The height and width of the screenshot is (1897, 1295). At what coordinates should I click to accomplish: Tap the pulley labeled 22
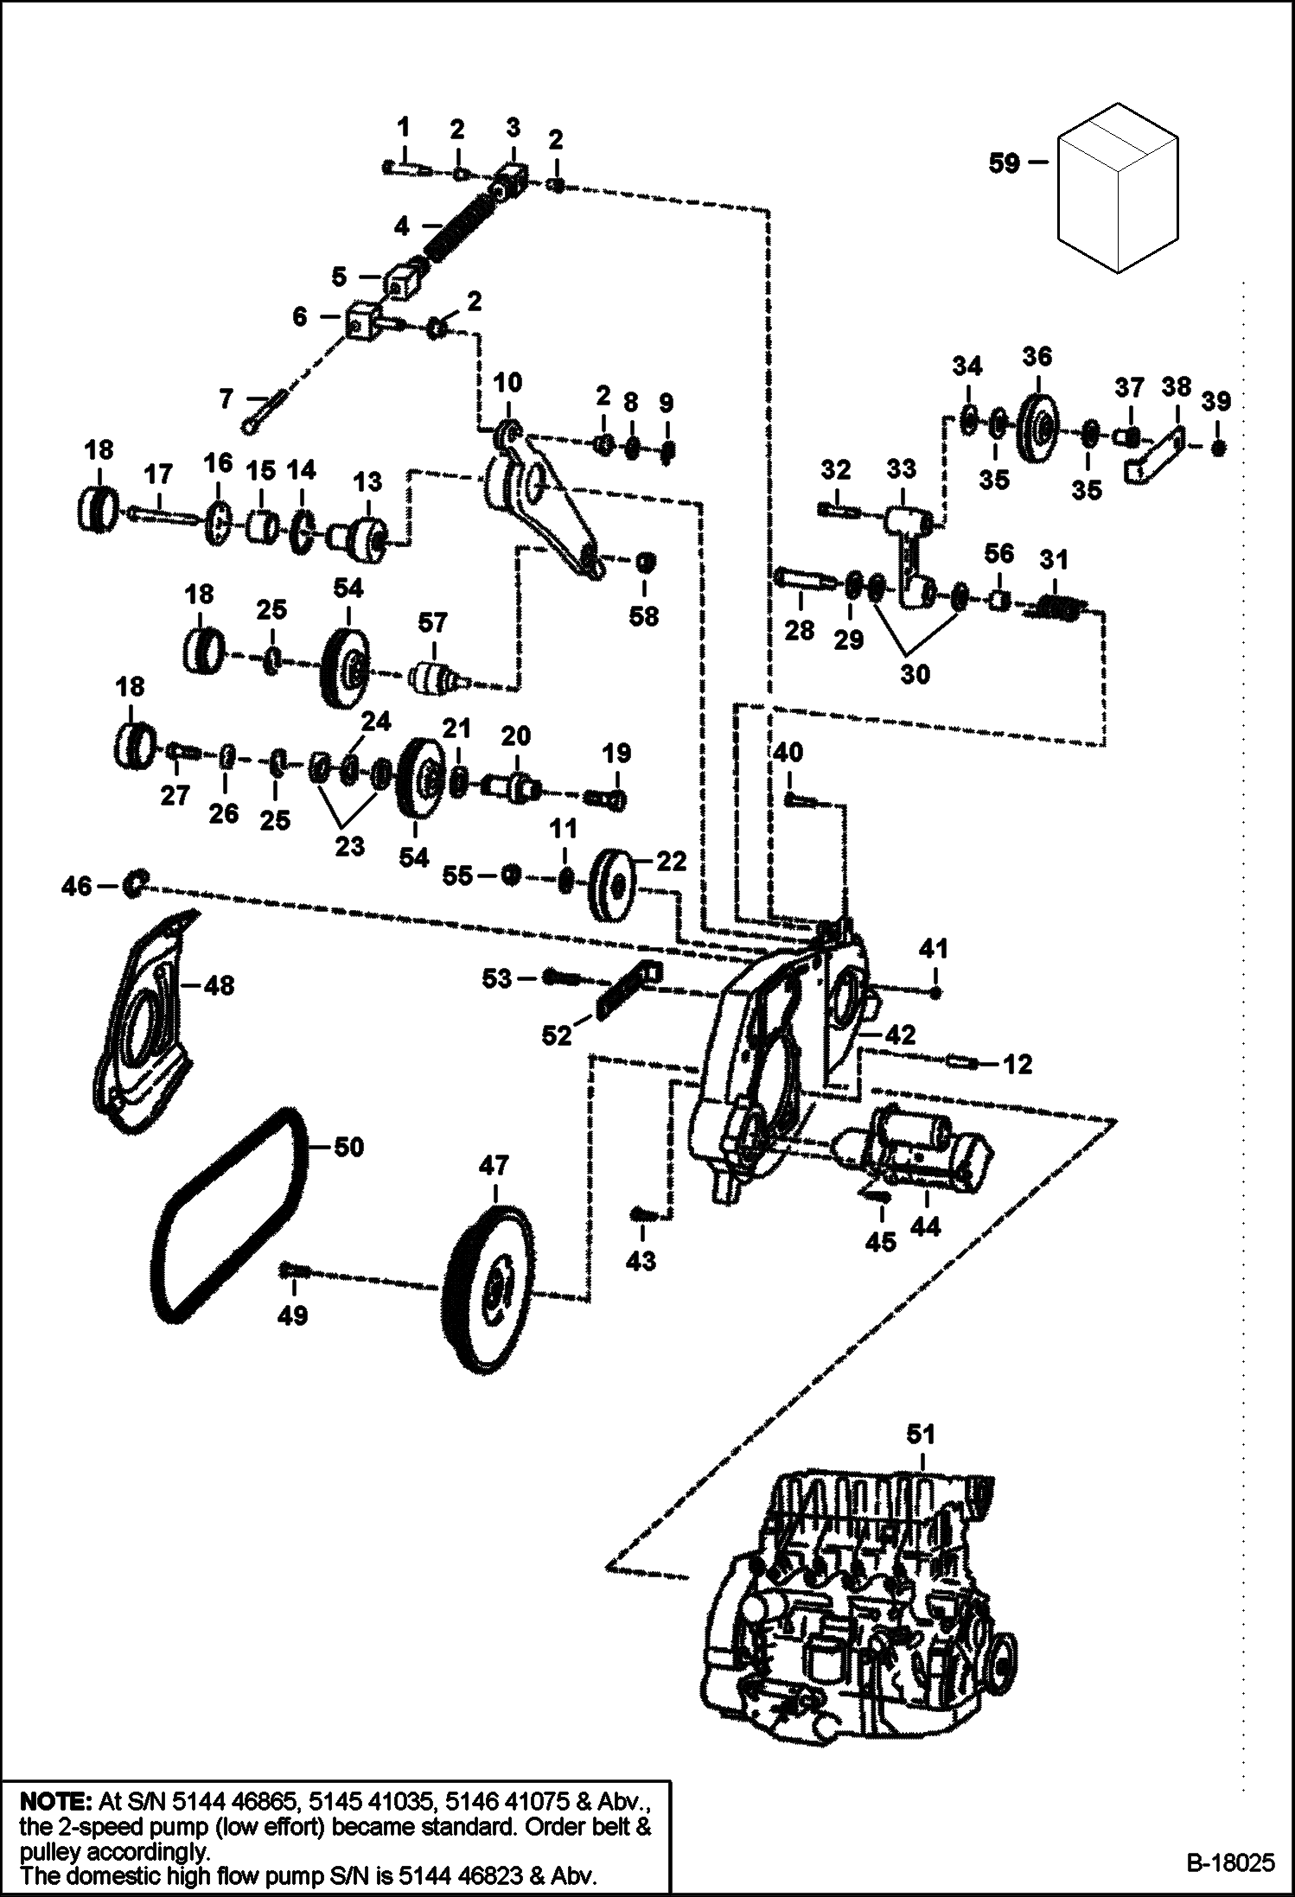(612, 888)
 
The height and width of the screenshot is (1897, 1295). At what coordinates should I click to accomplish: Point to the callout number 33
(902, 469)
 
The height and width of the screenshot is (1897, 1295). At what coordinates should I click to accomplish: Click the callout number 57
(432, 622)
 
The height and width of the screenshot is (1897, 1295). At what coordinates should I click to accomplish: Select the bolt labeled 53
(564, 977)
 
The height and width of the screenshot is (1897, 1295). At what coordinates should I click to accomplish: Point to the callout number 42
(900, 1034)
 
